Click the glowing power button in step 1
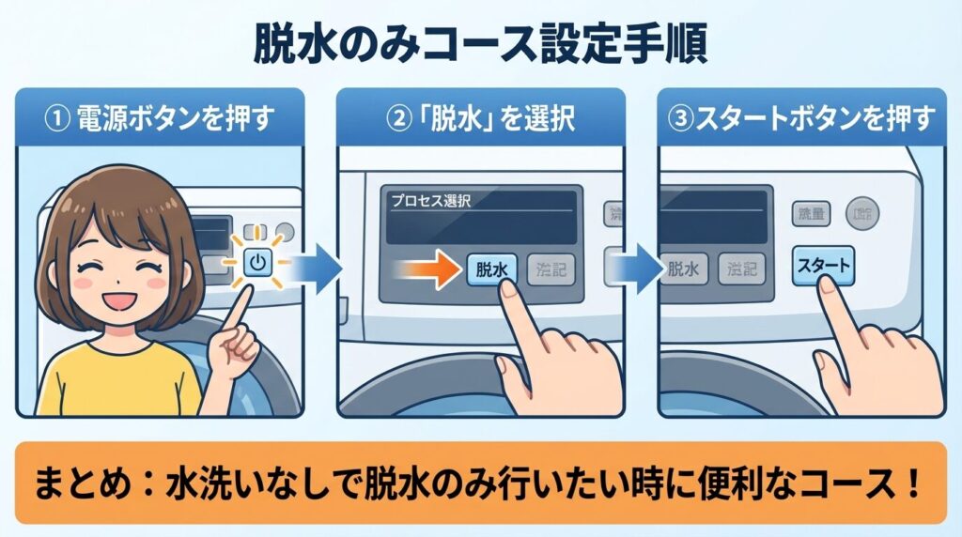coord(258,262)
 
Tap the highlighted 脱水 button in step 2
coord(491,269)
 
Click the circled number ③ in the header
coord(679,119)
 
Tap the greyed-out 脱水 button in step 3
coord(683,269)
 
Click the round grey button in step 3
coord(861,213)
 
